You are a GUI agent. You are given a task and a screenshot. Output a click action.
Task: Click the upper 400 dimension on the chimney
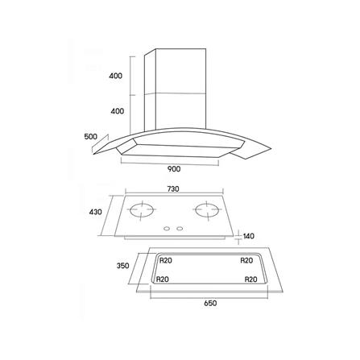coord(115,76)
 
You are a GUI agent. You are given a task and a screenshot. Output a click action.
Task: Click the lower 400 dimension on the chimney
coord(118,111)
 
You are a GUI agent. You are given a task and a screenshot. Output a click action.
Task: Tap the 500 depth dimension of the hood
coord(91,137)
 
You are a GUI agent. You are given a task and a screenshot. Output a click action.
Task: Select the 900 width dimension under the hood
coord(174,169)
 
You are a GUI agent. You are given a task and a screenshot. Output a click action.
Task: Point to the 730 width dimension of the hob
coord(173,189)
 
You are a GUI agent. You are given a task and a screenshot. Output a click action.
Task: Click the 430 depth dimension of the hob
coord(96,212)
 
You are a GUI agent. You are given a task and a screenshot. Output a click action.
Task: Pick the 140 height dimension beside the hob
coord(248,236)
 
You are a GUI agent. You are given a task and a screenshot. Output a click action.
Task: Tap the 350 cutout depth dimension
coord(123,266)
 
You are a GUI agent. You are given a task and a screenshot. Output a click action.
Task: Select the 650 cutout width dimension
coord(210,304)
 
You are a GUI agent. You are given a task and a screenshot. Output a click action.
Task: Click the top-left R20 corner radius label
coord(166,260)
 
